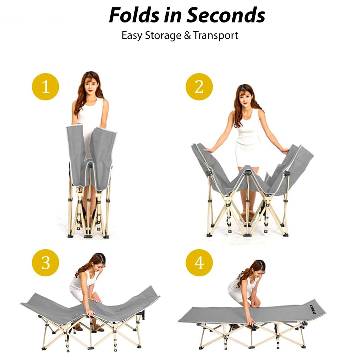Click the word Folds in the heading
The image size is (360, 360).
pos(134,15)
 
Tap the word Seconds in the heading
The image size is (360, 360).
pos(226,15)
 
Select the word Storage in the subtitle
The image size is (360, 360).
pos(163,36)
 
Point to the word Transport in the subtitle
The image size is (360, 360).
pos(216,36)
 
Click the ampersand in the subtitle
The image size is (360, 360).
pos(187,36)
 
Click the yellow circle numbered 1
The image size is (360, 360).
pos(45,87)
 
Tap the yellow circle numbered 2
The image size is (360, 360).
pos(199,87)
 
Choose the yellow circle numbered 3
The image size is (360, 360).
pos(45,263)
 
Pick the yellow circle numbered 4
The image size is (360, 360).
pos(199,263)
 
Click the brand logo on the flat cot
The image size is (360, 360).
pos(313,309)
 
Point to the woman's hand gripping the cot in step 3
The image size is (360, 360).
pos(90,313)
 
